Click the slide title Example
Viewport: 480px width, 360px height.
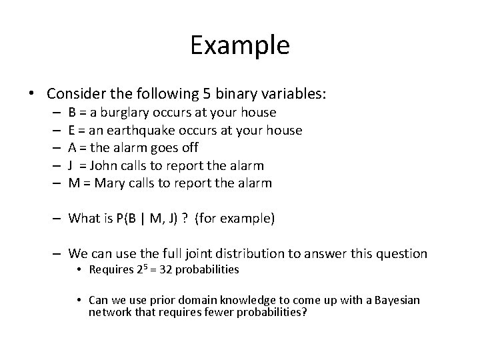[239, 45]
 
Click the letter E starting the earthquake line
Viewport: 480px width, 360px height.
[72, 130]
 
